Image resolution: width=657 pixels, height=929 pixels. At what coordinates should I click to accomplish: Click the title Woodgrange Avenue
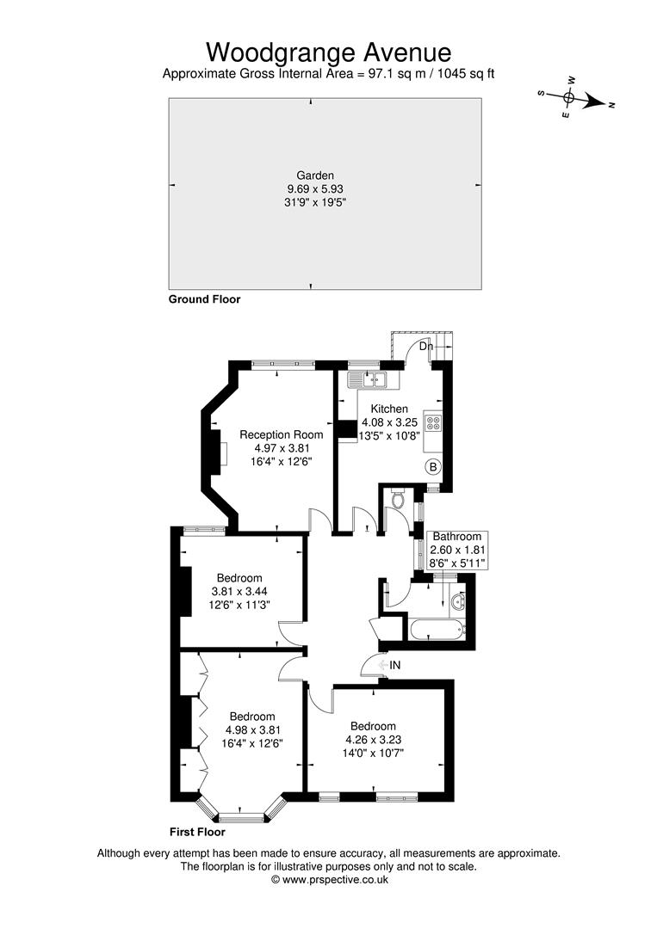(x=329, y=52)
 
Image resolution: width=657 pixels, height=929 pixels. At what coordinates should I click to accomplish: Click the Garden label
(x=315, y=175)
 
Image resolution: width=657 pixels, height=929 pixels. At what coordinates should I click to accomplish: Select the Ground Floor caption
(x=205, y=299)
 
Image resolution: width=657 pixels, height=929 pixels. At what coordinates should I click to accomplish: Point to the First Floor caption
(x=197, y=832)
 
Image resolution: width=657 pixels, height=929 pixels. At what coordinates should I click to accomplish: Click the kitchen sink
(x=374, y=380)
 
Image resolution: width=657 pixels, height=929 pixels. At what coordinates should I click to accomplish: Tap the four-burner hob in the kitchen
(x=433, y=422)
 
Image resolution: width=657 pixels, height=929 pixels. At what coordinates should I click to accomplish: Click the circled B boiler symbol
(x=433, y=467)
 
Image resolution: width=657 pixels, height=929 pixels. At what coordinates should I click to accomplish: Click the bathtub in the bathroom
(x=435, y=630)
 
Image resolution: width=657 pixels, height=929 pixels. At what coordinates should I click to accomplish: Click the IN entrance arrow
(x=383, y=665)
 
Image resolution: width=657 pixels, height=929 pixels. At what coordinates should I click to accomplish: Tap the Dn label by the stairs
(x=426, y=346)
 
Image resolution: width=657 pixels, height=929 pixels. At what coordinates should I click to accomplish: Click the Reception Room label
(x=281, y=434)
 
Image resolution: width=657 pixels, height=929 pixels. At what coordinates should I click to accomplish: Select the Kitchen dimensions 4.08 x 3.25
(x=389, y=422)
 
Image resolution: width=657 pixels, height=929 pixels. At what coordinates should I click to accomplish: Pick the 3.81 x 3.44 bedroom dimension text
(x=239, y=591)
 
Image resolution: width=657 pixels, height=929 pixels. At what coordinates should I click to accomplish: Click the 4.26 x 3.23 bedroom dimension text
(x=373, y=740)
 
